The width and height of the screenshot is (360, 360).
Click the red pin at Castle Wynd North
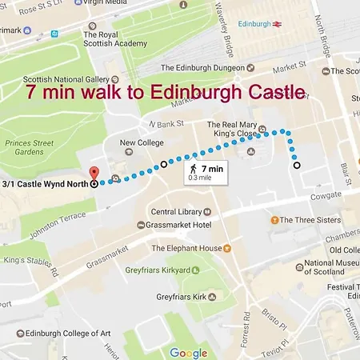point(94,172)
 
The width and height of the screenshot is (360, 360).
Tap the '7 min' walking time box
point(205,171)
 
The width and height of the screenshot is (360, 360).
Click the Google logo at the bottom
point(189,352)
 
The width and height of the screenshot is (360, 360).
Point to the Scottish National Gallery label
point(66,79)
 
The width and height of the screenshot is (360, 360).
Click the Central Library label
point(176,212)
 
